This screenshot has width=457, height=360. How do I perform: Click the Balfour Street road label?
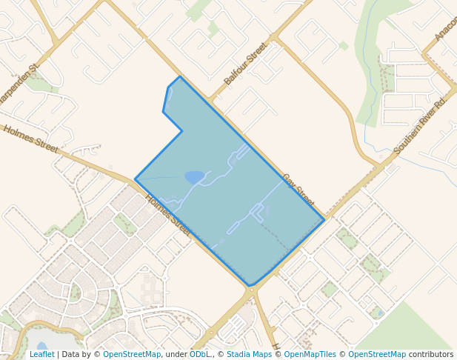point(245,63)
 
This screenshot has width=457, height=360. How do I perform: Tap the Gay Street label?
point(298,191)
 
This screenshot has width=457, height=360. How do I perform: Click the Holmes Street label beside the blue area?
point(169,215)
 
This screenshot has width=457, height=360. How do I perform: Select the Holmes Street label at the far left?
point(30,139)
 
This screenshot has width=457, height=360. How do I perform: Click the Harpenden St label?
point(21,73)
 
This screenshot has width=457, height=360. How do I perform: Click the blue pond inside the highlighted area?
point(194,177)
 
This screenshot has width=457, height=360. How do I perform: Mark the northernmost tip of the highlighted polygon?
point(179,76)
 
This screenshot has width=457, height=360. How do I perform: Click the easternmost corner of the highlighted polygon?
point(324,219)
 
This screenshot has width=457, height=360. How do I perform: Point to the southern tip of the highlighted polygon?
point(249,286)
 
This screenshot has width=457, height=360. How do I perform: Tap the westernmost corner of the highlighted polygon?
point(135,179)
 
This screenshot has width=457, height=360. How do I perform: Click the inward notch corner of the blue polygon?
point(182,131)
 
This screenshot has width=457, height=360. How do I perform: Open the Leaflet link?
point(41,354)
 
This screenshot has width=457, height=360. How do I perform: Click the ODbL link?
point(199,354)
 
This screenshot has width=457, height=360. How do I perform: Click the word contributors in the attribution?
point(431,354)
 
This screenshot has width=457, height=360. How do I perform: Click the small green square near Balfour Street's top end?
point(344,46)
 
